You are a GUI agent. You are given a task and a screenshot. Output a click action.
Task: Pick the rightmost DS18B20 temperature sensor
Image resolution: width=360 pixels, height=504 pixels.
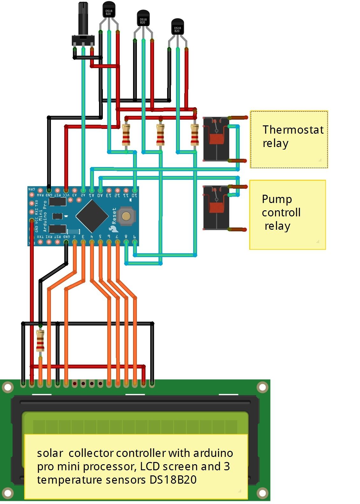177,28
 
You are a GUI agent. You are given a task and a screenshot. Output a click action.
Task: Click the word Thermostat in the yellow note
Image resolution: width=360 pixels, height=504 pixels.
293,129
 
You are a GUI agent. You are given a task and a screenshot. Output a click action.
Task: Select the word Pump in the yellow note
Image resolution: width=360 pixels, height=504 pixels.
277,199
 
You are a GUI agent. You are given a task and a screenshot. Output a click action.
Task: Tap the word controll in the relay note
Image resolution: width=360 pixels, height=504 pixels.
281,213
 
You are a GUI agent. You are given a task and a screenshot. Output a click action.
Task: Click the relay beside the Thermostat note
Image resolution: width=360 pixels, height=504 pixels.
216,139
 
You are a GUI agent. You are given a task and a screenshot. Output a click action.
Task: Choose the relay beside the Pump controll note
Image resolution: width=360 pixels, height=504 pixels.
216,208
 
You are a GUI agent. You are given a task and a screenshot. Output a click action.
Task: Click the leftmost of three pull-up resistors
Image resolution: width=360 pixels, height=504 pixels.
126,135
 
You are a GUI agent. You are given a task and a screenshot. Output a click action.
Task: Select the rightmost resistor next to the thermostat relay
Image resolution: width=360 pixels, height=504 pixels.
194,135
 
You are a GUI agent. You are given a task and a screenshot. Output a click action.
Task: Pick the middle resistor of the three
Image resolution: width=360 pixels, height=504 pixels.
160,135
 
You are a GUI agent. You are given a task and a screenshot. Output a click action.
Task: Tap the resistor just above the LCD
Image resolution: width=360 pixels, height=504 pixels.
40,340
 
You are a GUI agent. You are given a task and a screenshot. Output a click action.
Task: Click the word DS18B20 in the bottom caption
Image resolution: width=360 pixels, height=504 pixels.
173,480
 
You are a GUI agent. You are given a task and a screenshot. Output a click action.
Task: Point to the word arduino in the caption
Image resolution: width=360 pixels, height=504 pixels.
213,453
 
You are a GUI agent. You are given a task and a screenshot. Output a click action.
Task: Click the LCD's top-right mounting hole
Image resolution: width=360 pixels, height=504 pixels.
262,387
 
